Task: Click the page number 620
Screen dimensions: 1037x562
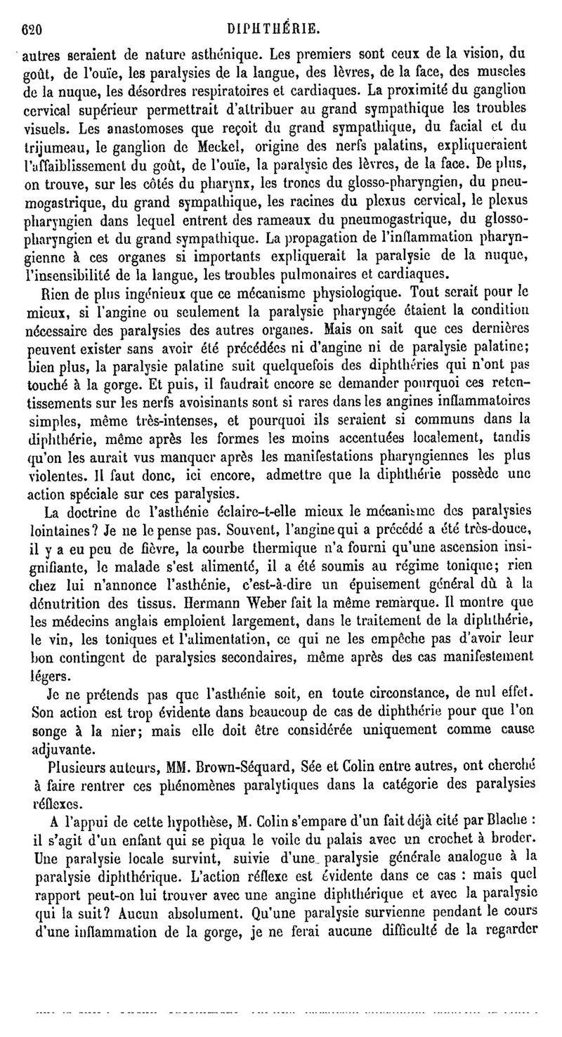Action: [33, 30]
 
